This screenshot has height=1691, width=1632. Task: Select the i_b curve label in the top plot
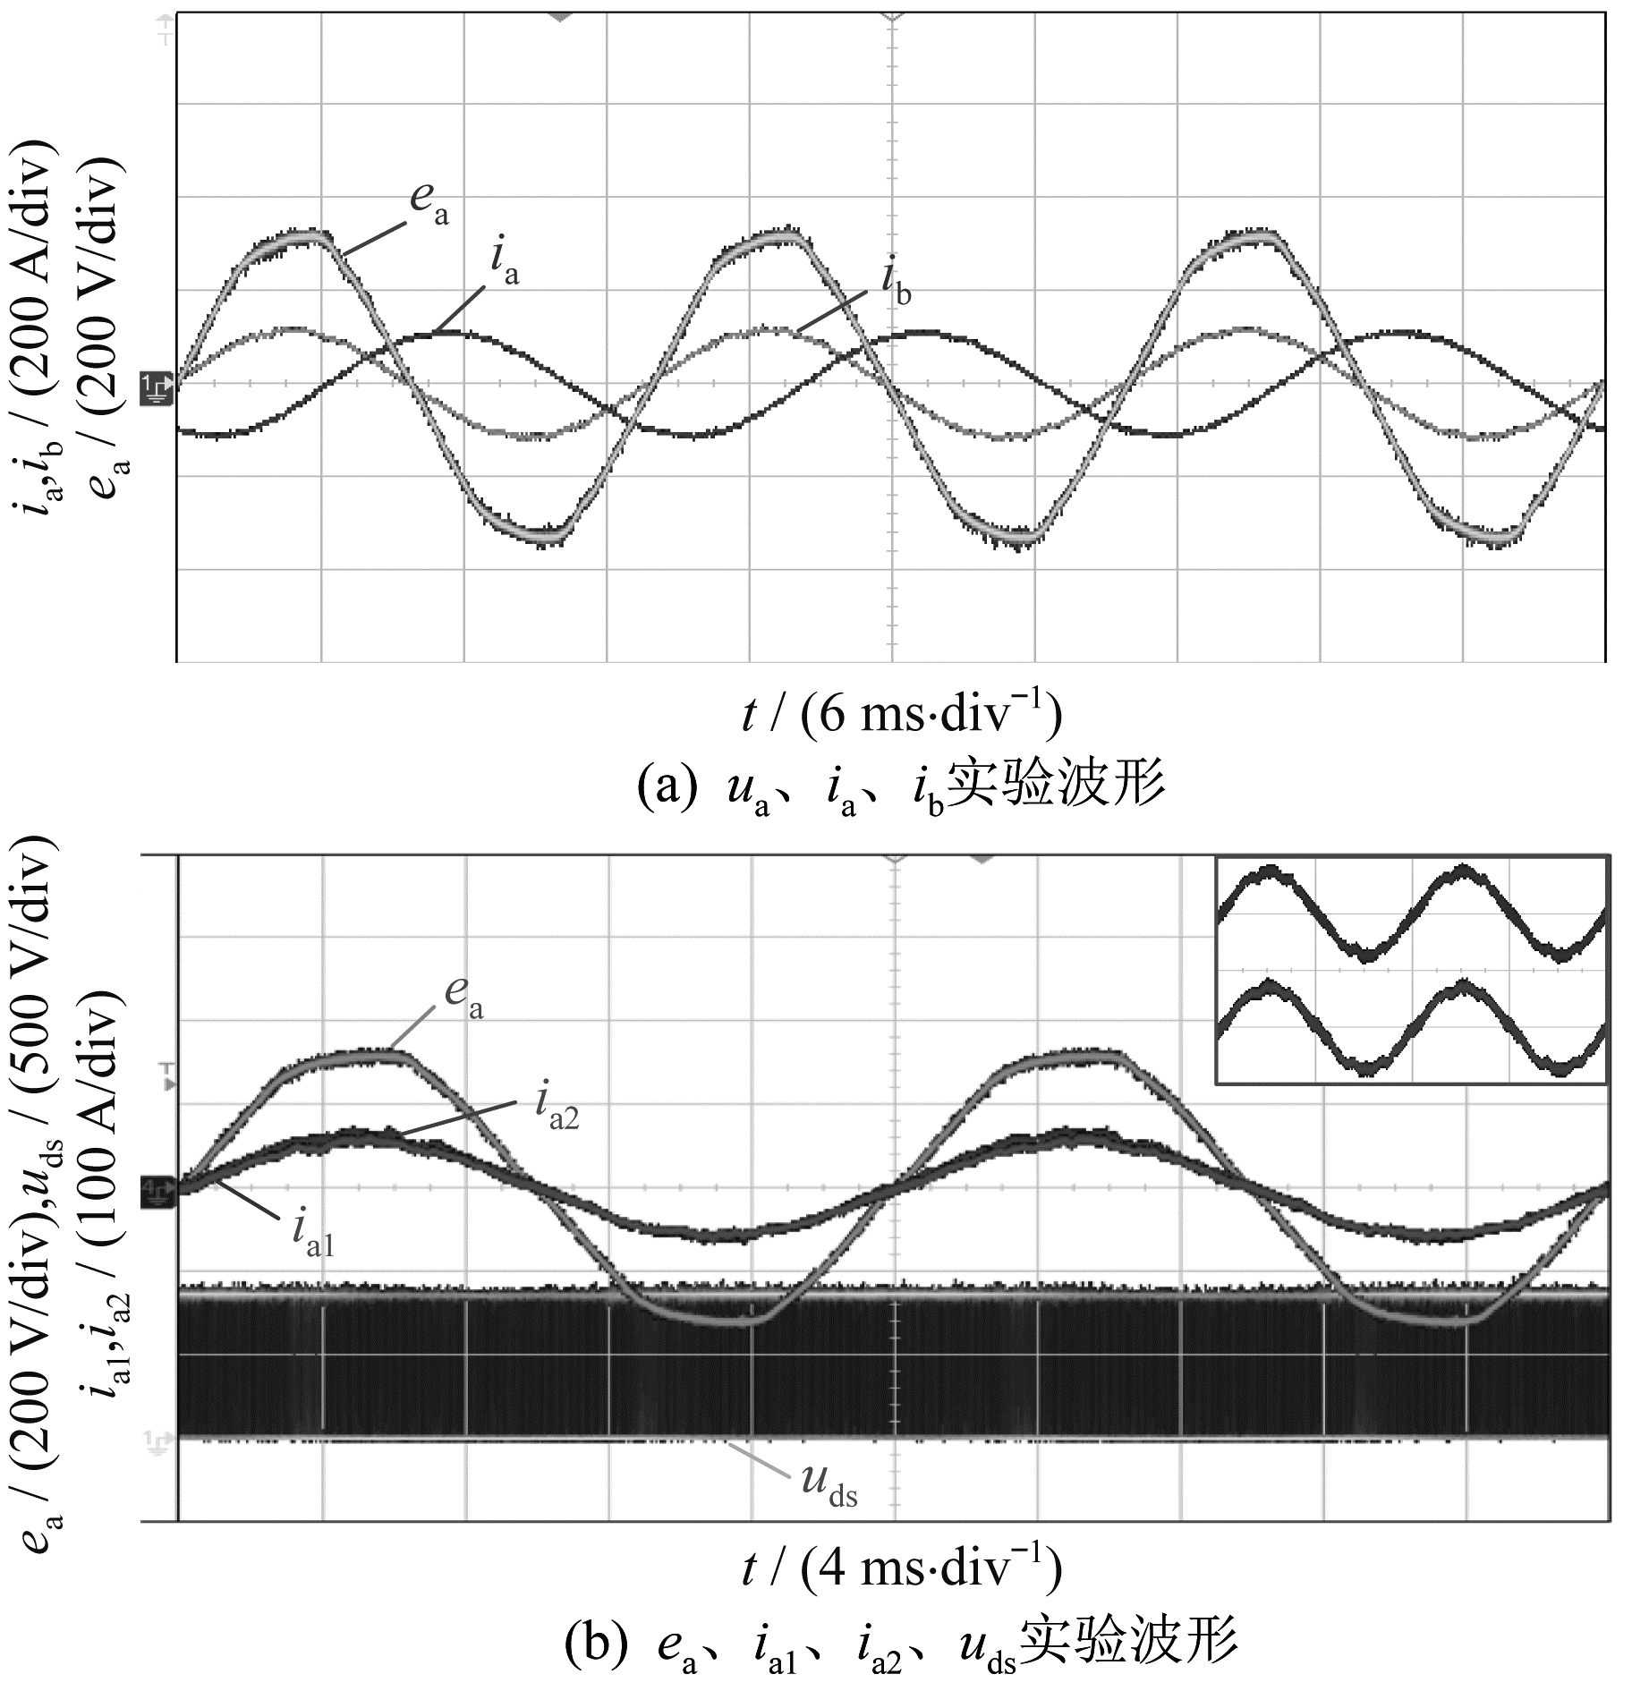click(896, 285)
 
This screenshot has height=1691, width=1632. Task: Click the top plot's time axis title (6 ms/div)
click(901, 716)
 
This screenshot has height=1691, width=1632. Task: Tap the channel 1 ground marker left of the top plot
click(156, 387)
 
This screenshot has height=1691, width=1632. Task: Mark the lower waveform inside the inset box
click(1411, 1026)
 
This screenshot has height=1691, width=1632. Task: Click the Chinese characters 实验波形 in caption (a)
click(1056, 784)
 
